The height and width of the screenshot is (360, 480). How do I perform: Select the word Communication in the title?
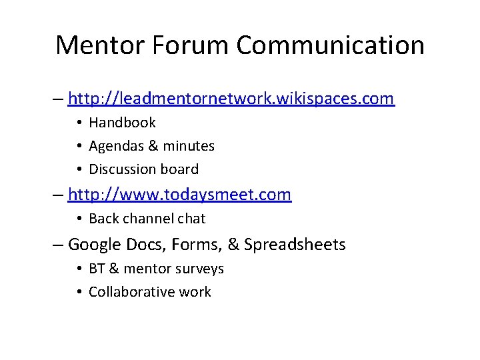point(331,45)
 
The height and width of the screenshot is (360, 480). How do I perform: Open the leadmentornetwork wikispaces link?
point(231,99)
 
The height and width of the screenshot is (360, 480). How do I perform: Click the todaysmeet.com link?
point(179,195)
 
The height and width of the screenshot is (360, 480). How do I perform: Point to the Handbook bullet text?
point(122,123)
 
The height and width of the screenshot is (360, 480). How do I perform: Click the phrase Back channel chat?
point(147,219)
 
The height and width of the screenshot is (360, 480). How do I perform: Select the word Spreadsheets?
point(295,245)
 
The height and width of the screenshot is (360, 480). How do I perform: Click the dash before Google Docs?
point(58,245)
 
